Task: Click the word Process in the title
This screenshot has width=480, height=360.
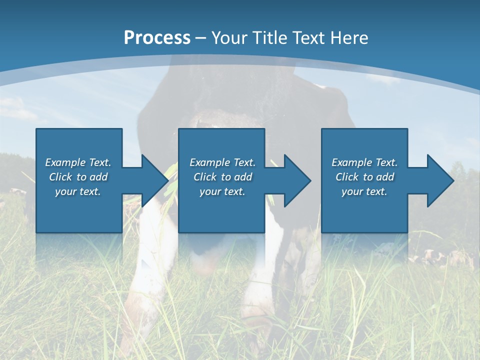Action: tap(157, 37)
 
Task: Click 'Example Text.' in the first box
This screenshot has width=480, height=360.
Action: tap(78, 162)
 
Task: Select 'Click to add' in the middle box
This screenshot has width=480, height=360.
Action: tap(222, 177)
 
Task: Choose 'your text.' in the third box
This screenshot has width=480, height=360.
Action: tap(364, 191)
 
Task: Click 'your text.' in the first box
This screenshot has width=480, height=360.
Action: tap(78, 191)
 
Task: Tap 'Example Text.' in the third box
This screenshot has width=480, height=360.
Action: tap(364, 162)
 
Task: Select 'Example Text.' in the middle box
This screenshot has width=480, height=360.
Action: tap(222, 162)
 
